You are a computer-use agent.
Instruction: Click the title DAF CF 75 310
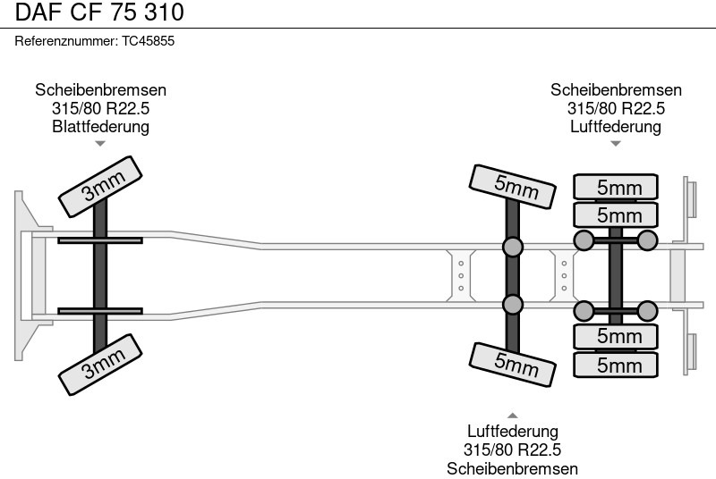pos(98,13)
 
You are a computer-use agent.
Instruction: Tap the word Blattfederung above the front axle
pos(100,126)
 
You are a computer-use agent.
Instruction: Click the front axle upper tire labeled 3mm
pos(102,184)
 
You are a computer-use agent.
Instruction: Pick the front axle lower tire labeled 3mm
pos(102,366)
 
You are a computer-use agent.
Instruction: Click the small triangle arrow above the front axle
pos(100,143)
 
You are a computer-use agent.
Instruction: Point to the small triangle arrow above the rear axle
pos(616,143)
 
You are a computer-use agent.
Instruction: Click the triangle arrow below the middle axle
pos(513,415)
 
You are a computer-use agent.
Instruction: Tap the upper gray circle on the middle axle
pos(513,247)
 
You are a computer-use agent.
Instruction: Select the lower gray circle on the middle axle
pos(513,305)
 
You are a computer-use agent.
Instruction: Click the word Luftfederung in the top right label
pos(616,126)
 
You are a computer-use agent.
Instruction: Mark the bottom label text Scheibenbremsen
pos(513,468)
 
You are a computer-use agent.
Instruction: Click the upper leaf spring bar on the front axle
pos(100,239)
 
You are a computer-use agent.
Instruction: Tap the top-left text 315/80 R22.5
pos(100,108)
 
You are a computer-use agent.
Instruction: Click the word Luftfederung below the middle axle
pos(513,433)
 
